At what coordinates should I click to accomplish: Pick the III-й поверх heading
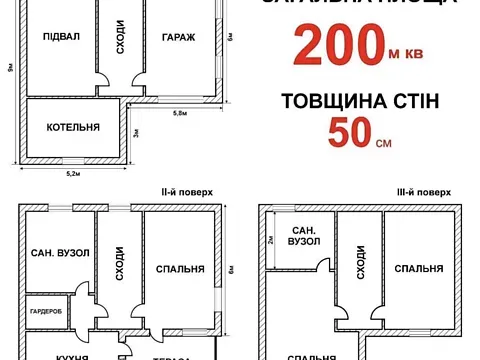[x=423, y=190]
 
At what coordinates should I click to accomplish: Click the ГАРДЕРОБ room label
[x=46, y=310]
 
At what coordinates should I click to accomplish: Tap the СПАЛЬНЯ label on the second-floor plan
[x=181, y=268]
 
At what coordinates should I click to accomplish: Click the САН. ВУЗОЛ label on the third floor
[x=302, y=236]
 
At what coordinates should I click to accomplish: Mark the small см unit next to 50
[x=383, y=142]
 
